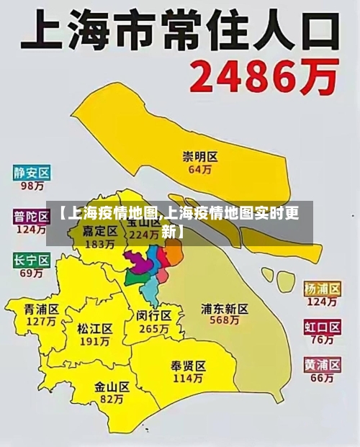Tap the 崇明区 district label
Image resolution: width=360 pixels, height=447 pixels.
pos(200,156)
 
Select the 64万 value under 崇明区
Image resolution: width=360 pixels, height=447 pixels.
pos(200,170)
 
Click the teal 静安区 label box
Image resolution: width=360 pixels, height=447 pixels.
pos(32,173)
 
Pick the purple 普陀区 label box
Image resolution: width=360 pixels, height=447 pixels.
pos(32,216)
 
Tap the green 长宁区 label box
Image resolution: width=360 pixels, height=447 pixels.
pos(32,260)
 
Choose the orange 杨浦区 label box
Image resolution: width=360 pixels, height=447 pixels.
pos(321,288)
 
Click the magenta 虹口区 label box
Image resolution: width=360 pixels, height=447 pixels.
pos(321,328)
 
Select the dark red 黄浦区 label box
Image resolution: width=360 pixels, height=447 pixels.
pos(321,364)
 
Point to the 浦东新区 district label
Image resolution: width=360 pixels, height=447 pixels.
pos(225,309)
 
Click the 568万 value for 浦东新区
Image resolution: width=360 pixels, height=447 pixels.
pos(225,322)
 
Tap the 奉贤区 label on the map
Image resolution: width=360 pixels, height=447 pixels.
pos(189,365)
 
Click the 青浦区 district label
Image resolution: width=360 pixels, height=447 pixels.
pos(41,308)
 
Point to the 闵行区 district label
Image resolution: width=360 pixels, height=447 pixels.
pos(153,315)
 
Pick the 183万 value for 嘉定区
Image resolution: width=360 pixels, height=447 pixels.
pos(100,244)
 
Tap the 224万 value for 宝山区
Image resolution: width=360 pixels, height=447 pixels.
pos(144,235)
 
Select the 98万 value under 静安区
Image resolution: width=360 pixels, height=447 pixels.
pos(32,186)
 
